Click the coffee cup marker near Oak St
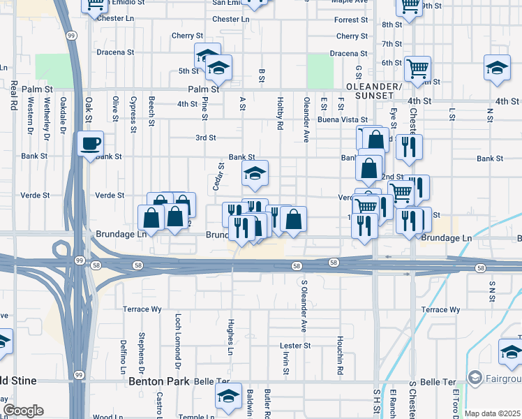pos(91,145)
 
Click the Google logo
pos(22,411)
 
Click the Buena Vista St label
pos(343,120)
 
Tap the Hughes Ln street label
pos(230,332)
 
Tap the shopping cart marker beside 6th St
pos(418,69)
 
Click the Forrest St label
pos(350,21)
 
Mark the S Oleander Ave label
pos(304,306)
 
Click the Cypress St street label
pos(133,115)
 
